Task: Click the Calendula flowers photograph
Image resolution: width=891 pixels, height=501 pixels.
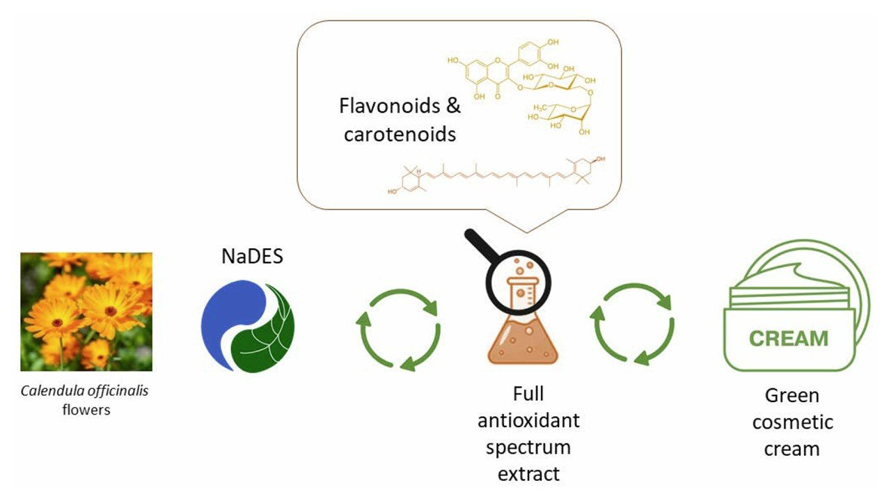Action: [86, 311]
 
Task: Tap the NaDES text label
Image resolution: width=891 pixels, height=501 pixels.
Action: [252, 257]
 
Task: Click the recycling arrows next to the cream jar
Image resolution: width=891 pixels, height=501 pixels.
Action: [633, 325]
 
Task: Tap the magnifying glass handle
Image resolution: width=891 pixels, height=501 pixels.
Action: [480, 247]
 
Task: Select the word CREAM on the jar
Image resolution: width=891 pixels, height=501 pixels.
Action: [789, 338]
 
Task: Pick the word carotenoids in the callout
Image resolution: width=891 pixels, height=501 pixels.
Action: [400, 134]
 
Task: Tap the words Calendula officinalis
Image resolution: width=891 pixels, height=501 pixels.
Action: [85, 390]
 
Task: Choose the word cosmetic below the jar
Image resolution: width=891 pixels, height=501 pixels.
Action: [792, 422]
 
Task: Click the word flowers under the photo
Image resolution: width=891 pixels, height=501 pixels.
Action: [86, 409]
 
